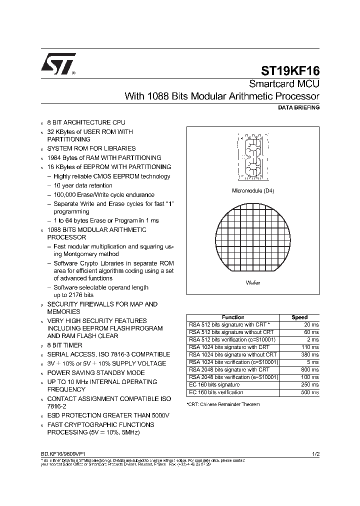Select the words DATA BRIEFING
point(298,107)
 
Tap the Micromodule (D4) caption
point(253,190)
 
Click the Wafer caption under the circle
point(253,282)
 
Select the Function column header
point(233,317)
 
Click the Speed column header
point(299,317)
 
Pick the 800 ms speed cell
point(310,369)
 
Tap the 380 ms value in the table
point(310,354)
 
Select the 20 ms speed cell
point(311,324)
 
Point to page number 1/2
point(315,453)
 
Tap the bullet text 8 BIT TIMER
point(64,345)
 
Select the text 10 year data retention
point(83,185)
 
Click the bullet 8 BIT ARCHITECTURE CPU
point(86,122)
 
